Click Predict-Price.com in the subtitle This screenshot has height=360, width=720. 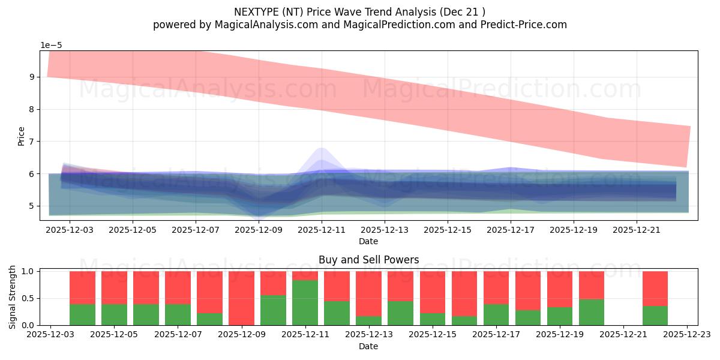tap(521, 25)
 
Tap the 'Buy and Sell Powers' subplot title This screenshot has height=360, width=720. tap(368, 260)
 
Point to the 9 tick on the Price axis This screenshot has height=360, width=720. tap(32, 77)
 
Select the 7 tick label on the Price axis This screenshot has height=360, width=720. tap(32, 142)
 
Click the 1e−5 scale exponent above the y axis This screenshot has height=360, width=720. tap(51, 46)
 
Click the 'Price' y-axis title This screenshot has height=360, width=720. tap(21, 136)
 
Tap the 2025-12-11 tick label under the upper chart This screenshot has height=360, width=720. tap(322, 229)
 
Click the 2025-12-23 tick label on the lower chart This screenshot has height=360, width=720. tap(686, 334)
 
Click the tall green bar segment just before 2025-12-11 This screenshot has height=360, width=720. tap(305, 302)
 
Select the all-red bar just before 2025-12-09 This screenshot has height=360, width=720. tap(241, 298)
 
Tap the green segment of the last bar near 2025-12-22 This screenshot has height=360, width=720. tap(655, 316)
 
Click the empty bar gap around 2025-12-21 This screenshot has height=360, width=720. tap(623, 298)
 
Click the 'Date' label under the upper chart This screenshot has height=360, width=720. tap(368, 241)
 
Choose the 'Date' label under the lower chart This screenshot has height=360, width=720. tap(368, 346)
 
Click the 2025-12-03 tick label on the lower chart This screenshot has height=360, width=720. tap(51, 334)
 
